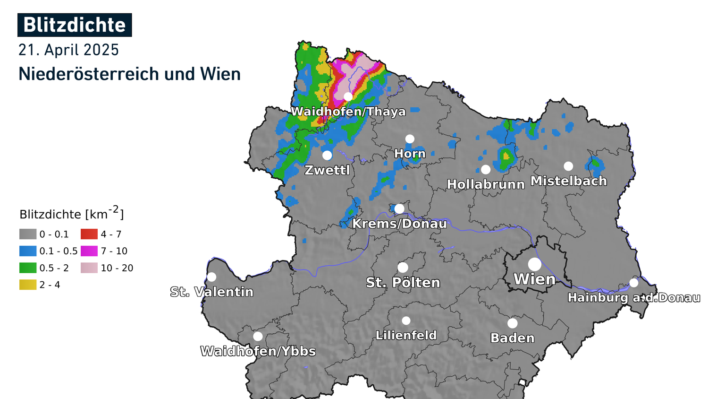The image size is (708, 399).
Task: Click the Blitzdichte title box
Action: (75, 25)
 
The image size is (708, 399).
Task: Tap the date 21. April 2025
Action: (68, 50)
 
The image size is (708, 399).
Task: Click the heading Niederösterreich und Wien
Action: (129, 74)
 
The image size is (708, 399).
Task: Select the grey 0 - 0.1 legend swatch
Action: (28, 234)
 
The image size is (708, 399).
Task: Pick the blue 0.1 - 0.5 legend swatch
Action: (28, 251)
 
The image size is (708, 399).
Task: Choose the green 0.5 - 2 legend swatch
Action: (28, 268)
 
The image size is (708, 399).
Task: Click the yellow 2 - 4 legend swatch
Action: (28, 285)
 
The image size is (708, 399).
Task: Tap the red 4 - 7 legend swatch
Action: (89, 234)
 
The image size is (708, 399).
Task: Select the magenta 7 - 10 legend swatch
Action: (89, 251)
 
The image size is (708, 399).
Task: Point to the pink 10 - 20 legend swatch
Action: (89, 268)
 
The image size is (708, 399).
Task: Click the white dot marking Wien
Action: (535, 264)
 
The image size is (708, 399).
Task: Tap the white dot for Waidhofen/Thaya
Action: (348, 97)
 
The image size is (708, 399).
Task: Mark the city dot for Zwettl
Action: (327, 155)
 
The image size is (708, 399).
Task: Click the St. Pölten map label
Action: (403, 283)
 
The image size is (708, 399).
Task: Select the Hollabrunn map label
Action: (486, 184)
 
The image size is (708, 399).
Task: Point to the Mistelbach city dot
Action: (568, 166)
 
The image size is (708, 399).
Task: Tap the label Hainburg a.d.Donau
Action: (633, 298)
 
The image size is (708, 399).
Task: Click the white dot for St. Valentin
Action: (211, 277)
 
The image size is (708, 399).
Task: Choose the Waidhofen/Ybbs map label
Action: (258, 351)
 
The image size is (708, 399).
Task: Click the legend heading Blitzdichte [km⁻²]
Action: (72, 214)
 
